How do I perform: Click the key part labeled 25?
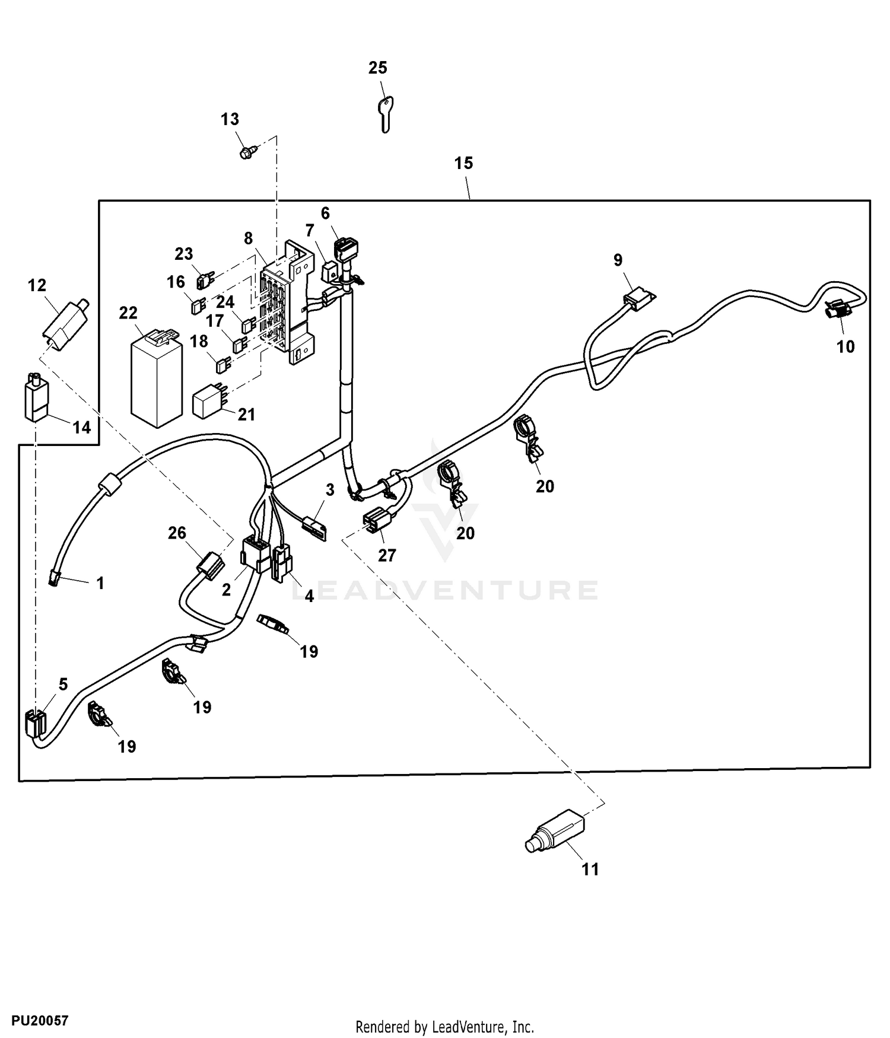pyautogui.click(x=386, y=114)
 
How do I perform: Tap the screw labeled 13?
pyautogui.click(x=246, y=152)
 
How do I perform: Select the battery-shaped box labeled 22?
pyautogui.click(x=156, y=378)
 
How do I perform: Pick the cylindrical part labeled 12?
pyautogui.click(x=65, y=324)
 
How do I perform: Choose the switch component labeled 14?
pyautogui.click(x=36, y=397)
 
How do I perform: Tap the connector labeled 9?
pyautogui.click(x=638, y=300)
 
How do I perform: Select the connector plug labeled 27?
pyautogui.click(x=377, y=520)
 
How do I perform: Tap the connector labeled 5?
pyautogui.click(x=36, y=724)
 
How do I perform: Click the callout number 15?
pyautogui.click(x=464, y=163)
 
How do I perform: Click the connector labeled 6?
pyautogui.click(x=347, y=249)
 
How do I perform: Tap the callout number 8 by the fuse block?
pyautogui.click(x=249, y=238)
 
